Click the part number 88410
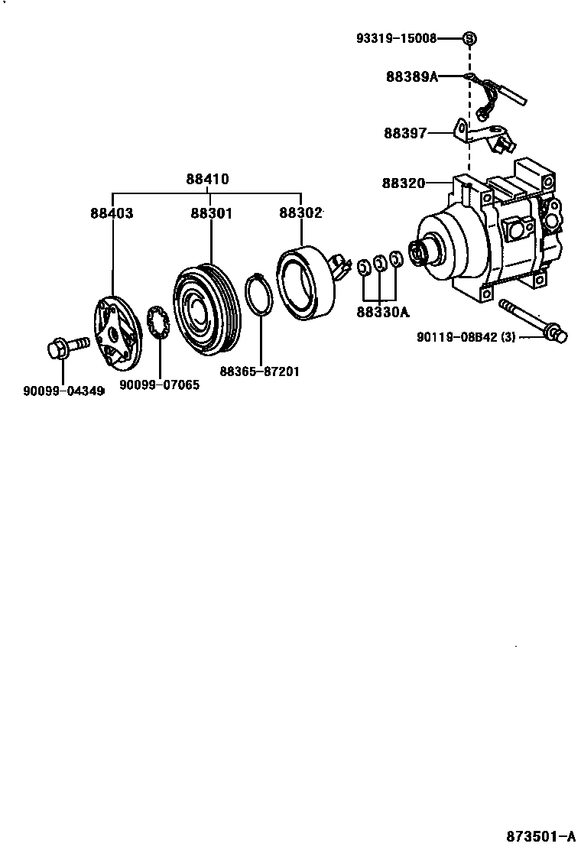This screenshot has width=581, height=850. pos(207,180)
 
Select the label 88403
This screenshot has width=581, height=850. pos(112,213)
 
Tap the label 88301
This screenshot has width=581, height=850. pos(211,213)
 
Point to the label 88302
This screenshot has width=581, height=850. pos(300,213)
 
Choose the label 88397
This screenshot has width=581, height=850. pos(405,133)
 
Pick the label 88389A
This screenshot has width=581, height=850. pos(412,76)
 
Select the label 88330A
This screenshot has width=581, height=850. pos(382,312)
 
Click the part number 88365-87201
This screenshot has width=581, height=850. pos(259,371)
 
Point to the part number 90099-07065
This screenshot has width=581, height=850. pos(160,385)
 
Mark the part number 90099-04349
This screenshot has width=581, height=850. pos(63,391)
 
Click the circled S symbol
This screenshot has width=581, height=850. pos(469,37)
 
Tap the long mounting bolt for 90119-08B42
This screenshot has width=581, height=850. pos(532,321)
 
